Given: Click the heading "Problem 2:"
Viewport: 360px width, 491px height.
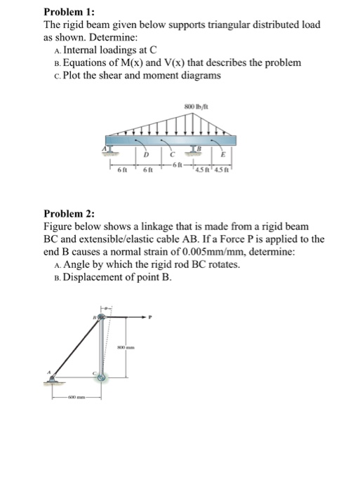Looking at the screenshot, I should click(69, 213).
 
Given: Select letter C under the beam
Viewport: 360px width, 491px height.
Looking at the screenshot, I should click(181, 154).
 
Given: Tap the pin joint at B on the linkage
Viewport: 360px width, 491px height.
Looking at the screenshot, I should click(102, 318).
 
